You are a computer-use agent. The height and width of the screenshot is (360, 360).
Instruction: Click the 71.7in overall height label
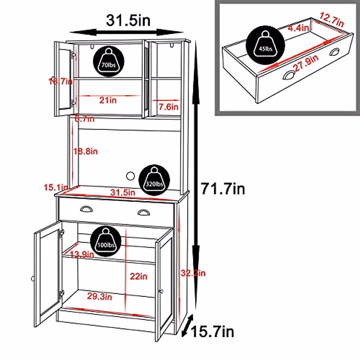pyautogui.click(x=223, y=189)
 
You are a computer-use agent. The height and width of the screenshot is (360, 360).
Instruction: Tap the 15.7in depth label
pyautogui.click(x=212, y=332)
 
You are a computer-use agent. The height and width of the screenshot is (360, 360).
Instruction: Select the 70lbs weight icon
pyautogui.click(x=109, y=61)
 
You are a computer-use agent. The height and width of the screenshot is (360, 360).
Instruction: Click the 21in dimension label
pyautogui.click(x=108, y=100)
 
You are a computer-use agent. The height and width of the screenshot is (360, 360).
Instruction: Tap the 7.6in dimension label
pyautogui.click(x=168, y=106)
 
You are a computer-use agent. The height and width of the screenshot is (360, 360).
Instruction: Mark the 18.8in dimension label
pyautogui.click(x=86, y=151)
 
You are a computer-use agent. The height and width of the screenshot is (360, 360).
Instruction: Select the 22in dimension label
pyautogui.click(x=139, y=276)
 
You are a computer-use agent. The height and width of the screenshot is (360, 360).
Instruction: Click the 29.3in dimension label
pyautogui.click(x=100, y=296)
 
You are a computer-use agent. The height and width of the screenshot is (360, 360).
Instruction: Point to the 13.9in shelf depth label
pyautogui.click(x=82, y=255)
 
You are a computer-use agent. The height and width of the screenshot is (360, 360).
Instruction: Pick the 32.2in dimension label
pyautogui.click(x=193, y=273)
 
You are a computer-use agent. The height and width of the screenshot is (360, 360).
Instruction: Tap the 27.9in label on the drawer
pyautogui.click(x=306, y=63)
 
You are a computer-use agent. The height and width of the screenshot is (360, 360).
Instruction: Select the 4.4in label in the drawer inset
pyautogui.click(x=298, y=28)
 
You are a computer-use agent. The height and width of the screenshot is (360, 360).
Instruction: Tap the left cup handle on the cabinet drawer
pyautogui.click(x=87, y=209)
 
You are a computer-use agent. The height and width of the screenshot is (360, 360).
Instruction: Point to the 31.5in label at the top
pyautogui.click(x=128, y=20)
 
